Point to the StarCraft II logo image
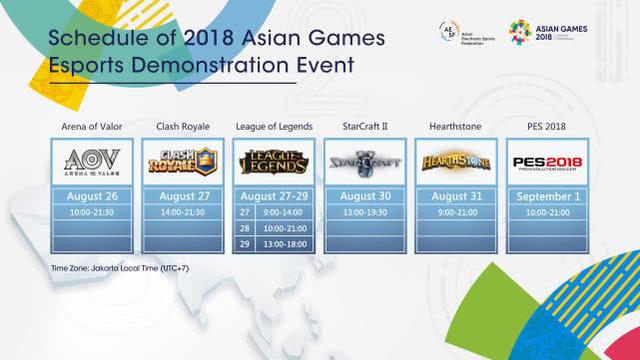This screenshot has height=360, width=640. tap(365, 160)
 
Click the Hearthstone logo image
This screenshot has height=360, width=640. tap(456, 160)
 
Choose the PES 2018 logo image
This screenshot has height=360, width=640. tap(547, 160)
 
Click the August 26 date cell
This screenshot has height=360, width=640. tap(92, 196)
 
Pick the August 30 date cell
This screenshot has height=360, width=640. tap(365, 196)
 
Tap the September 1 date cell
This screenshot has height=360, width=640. tap(547, 196)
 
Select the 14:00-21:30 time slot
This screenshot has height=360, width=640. tap(183, 213)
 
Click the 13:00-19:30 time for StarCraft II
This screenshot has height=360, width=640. tap(365, 213)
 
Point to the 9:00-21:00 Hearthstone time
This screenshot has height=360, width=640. tap(456, 213)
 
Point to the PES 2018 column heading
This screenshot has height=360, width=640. tap(547, 126)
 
